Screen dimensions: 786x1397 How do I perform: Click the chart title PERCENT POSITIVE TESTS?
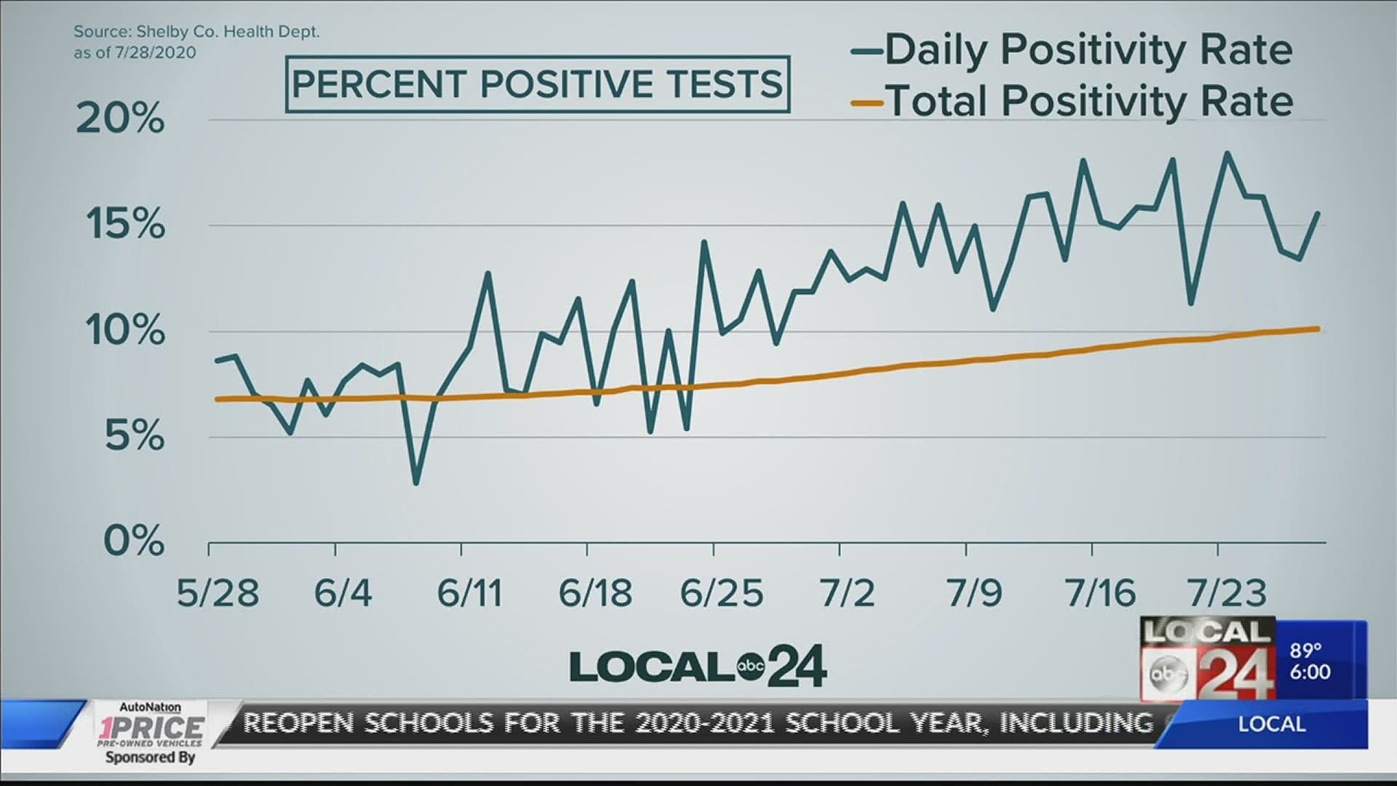pos(537,84)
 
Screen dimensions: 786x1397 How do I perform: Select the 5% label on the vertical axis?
pos(135,437)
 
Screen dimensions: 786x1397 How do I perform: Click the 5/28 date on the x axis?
pos(218,594)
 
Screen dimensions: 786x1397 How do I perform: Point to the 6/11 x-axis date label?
pos(469,594)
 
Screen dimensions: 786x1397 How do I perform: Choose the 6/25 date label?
pos(722,594)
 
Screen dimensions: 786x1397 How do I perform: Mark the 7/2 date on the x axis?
pos(847,594)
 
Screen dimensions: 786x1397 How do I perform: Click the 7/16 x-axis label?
pos(1100,594)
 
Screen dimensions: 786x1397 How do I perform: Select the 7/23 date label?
pos(1226,594)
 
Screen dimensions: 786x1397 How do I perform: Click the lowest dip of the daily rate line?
pos(416,483)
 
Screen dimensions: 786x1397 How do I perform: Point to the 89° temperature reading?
pos(1305,649)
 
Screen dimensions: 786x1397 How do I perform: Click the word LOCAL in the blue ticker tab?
pos(1271,724)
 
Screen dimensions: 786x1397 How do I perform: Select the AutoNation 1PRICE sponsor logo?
pos(151,728)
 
